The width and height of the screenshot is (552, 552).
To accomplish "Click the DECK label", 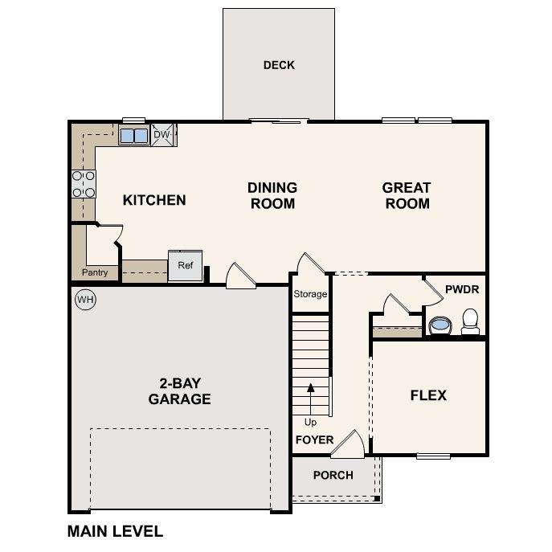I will coord(279,65).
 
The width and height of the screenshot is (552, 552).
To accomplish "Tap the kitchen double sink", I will coord(134,136).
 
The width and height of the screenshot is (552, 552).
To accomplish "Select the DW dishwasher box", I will coord(162,135).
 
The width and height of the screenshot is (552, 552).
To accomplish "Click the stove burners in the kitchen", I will coord(84,184).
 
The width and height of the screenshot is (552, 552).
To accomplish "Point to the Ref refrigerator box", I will coord(186,266).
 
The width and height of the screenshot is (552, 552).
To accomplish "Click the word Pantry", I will coord(95,273).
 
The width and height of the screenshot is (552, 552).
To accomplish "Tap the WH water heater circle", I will coord(85,301).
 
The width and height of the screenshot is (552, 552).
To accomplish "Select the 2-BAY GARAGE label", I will coord(179,391).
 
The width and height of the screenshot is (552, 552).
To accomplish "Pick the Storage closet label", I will coord(310,294).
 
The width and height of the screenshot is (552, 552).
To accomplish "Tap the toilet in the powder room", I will coord(470,321).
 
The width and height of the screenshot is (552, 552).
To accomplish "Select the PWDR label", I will coord(461,288).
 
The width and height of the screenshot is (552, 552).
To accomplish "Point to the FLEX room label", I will coord(428,395).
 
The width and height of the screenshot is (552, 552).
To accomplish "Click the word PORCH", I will coord(333,475).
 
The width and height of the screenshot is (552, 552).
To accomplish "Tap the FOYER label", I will coord(314,440).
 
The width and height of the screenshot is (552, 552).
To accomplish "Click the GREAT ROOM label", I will coord(407,195).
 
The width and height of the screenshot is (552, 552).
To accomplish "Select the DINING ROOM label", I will coord(272,195).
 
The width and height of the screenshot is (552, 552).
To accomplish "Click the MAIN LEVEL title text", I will coord(115,531).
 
